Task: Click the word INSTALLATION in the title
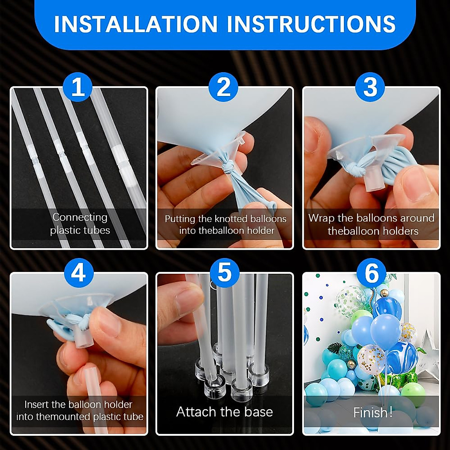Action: click(x=135, y=24)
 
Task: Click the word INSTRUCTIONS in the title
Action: click(x=311, y=24)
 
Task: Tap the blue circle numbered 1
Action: click(x=78, y=87)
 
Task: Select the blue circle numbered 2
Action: click(x=224, y=87)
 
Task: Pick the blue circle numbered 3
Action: click(x=370, y=87)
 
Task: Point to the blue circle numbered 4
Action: click(x=78, y=273)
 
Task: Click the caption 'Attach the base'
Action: click(x=224, y=412)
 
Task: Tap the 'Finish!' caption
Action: click(x=372, y=412)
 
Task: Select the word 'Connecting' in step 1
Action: click(x=80, y=217)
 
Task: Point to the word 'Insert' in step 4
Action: click(x=36, y=404)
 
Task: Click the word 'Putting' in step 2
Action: click(x=180, y=219)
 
